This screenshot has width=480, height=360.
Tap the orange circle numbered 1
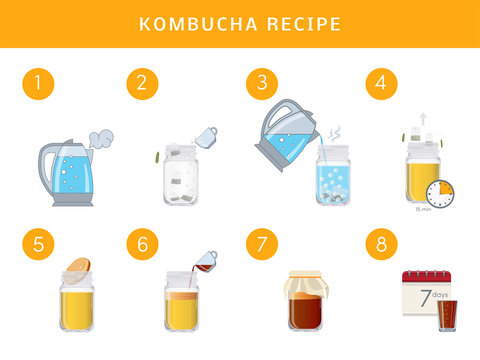[38, 84]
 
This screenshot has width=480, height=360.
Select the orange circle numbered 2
[142, 84]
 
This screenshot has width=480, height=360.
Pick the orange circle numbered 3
[262, 84]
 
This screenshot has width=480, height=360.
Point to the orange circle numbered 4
[380, 84]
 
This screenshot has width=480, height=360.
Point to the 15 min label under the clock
[424, 211]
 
